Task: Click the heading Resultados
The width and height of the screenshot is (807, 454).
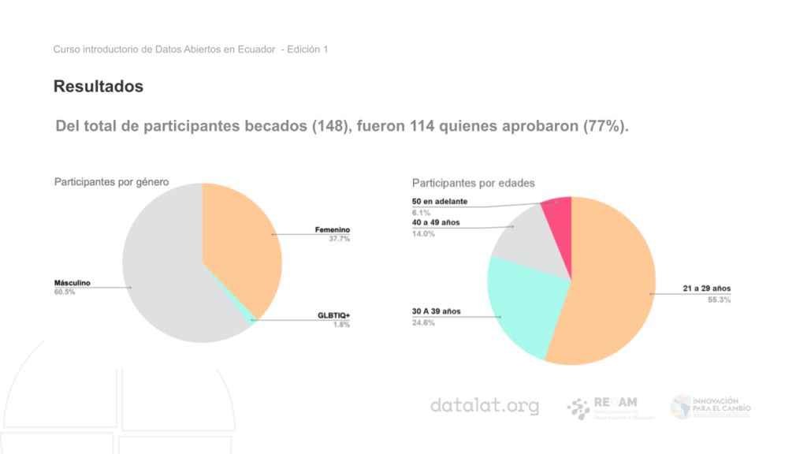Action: pyautogui.click(x=99, y=87)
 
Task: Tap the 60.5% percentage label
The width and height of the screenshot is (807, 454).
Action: pyautogui.click(x=64, y=292)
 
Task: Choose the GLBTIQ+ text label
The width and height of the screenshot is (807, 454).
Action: pyautogui.click(x=333, y=315)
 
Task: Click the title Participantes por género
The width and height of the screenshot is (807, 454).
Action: pyautogui.click(x=111, y=182)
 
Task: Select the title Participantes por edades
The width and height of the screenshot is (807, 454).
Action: pyautogui.click(x=474, y=183)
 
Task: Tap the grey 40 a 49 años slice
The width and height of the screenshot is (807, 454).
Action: pyautogui.click(x=524, y=240)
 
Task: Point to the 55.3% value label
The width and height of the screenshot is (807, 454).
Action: pyautogui.click(x=719, y=300)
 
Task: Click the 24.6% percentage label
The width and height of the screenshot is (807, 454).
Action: pyautogui.click(x=424, y=322)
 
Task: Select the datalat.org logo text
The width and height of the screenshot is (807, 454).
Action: pyautogui.click(x=485, y=407)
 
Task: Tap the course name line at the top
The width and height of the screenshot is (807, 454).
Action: pyautogui.click(x=190, y=50)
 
